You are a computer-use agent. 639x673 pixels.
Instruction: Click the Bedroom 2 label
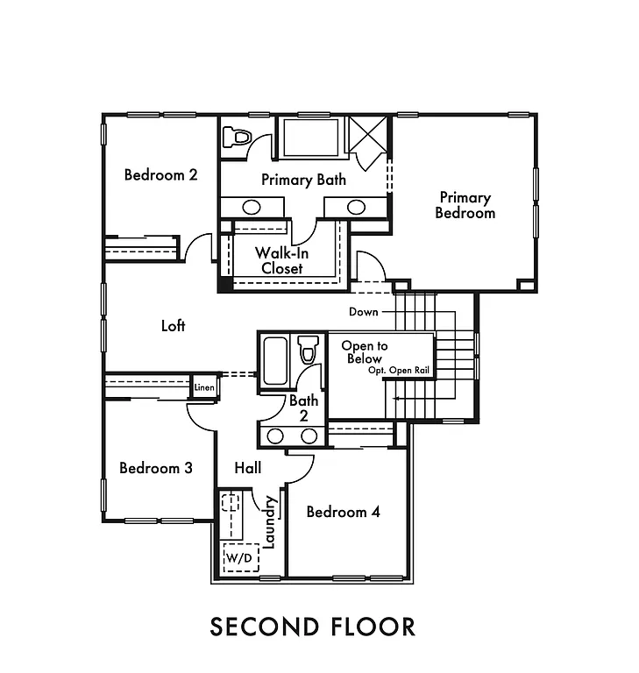coord(160,174)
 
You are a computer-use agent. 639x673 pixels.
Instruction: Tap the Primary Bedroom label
coord(465,205)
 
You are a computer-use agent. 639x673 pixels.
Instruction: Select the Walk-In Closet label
coord(281,260)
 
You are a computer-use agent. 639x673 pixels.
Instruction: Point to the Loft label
coord(174,326)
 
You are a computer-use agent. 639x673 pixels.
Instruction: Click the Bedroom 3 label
coord(156,468)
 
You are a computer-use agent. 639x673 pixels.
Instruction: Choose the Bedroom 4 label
coord(343,512)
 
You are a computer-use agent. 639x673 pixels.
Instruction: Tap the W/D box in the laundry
coord(238,556)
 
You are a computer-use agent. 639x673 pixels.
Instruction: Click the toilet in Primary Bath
coord(238,138)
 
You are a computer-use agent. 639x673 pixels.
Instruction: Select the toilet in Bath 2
coord(307,350)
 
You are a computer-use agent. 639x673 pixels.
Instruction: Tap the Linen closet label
coord(204,386)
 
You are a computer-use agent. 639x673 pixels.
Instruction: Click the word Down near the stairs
coord(364,312)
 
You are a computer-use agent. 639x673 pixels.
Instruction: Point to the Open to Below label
coord(364,352)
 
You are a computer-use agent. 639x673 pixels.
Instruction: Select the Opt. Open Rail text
coord(399,371)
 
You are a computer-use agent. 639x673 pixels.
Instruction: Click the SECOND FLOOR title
coord(312,627)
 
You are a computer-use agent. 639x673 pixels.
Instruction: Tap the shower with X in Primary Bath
coord(368,135)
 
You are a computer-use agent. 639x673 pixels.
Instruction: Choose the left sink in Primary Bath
coord(251,208)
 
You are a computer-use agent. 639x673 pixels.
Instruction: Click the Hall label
coord(248,469)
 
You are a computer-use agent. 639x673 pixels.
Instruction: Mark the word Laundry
coord(269,523)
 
